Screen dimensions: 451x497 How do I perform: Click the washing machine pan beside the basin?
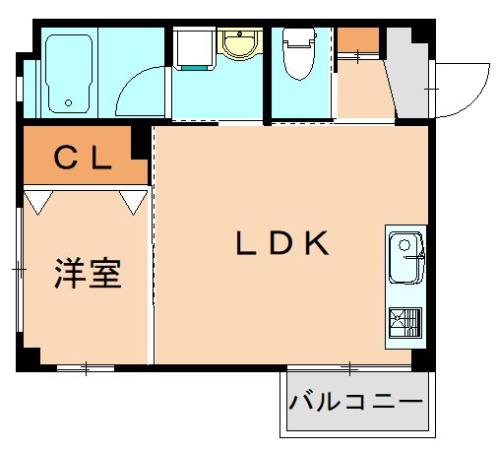194,46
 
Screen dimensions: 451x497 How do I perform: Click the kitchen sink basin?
404,255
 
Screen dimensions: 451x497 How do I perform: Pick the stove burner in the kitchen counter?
404,323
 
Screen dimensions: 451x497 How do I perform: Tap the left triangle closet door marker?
37,202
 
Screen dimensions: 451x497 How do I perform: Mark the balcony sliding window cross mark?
349,368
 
